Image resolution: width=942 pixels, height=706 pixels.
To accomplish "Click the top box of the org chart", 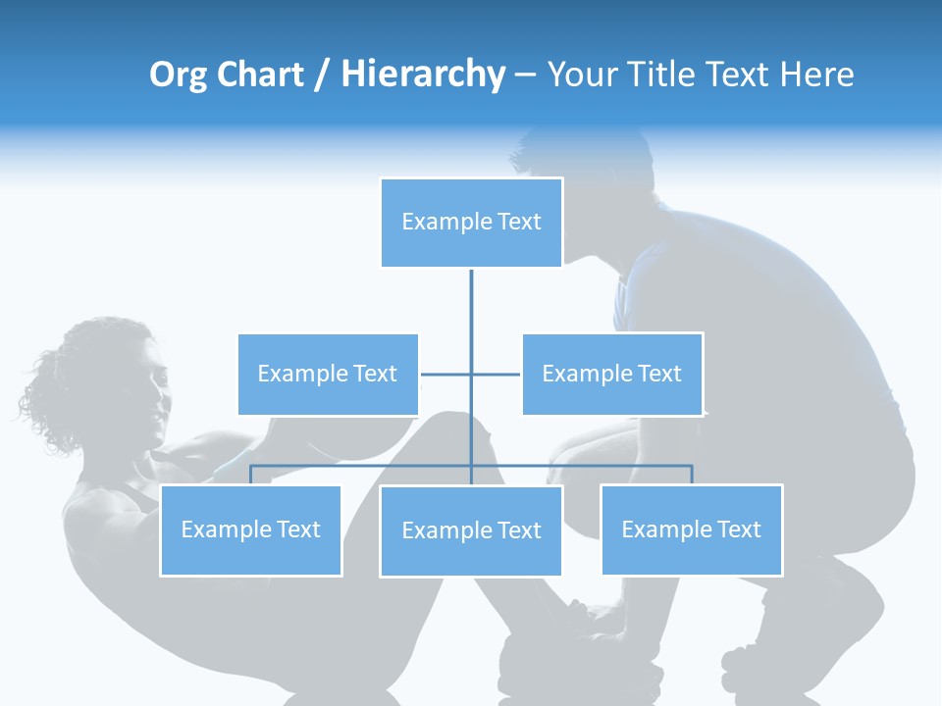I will tap(471, 223).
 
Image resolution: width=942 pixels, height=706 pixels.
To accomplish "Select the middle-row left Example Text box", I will tap(328, 374).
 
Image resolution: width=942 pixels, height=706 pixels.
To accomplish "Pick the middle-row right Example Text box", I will tap(612, 374).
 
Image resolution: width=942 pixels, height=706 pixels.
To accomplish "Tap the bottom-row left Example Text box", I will tap(251, 529).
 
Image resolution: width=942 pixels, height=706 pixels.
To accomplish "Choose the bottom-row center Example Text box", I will tap(471, 530).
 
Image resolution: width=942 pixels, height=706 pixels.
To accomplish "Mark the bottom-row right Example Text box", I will tap(692, 529).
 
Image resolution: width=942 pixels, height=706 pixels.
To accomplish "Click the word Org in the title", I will tap(178, 76).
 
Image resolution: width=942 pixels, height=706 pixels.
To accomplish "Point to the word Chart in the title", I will tap(260, 75).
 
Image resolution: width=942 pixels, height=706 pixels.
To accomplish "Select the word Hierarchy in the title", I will tap(423, 75).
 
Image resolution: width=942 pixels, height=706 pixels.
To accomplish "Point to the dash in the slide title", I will tap(525, 76).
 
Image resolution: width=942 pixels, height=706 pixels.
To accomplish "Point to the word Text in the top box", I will tap(519, 222).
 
